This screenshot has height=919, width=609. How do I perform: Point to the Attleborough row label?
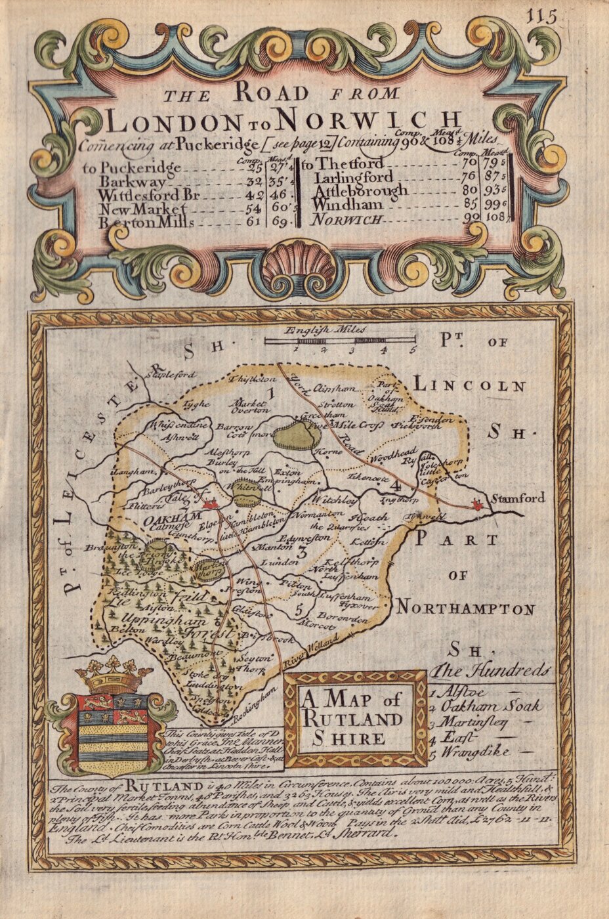pos(361,191)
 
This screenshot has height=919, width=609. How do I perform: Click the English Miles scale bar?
pos(339,341)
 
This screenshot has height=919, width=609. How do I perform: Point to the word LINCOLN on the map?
pos(469,386)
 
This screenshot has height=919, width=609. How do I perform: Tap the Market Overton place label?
pos(249,406)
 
